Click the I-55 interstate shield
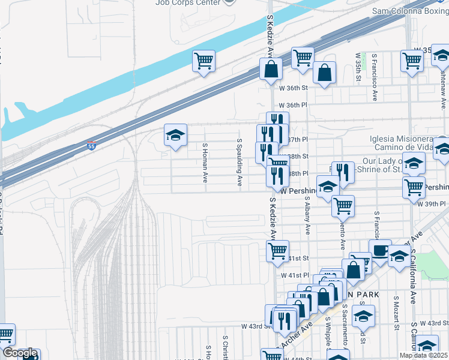click(x=91, y=145)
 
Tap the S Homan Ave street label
click(x=205, y=163)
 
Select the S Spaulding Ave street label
click(x=239, y=162)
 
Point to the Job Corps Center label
click(x=187, y=2)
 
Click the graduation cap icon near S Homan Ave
click(x=176, y=135)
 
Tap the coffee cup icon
click(x=380, y=250)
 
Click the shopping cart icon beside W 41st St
click(x=277, y=251)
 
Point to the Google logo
click(x=19, y=353)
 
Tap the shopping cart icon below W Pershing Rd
click(x=343, y=206)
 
